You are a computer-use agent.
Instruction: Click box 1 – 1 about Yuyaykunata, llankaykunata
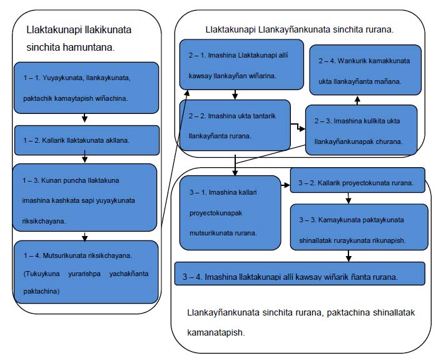tap(86, 88)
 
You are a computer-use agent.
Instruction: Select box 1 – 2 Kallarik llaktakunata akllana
tap(87, 140)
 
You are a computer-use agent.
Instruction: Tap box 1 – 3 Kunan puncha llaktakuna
tap(84, 198)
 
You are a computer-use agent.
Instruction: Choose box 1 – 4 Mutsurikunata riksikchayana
tap(86, 272)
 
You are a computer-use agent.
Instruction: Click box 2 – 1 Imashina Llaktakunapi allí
tap(241, 64)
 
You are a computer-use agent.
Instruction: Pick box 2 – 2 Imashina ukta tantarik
tap(235, 125)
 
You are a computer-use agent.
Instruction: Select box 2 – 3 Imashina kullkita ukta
tap(362, 130)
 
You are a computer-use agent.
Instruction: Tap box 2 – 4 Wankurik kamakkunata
tap(365, 70)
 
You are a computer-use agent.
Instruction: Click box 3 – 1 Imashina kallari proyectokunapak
tap(230, 213)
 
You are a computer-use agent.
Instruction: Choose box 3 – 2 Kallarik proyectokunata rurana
tap(357, 180)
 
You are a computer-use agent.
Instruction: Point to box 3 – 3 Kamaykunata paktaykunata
tap(359, 227)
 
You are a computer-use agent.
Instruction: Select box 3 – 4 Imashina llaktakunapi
tap(300, 274)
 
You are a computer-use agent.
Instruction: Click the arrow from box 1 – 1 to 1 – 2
tap(84, 118)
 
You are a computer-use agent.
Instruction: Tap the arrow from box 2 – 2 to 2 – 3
tap(298, 126)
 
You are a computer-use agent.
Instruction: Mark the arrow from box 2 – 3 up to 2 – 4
tap(357, 100)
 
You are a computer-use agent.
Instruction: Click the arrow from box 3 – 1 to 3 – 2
tap(285, 185)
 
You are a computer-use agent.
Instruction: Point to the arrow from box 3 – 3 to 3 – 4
tap(348, 256)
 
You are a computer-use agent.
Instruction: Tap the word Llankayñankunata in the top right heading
tap(294, 29)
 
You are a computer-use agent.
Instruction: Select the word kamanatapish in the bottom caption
tap(216, 332)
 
